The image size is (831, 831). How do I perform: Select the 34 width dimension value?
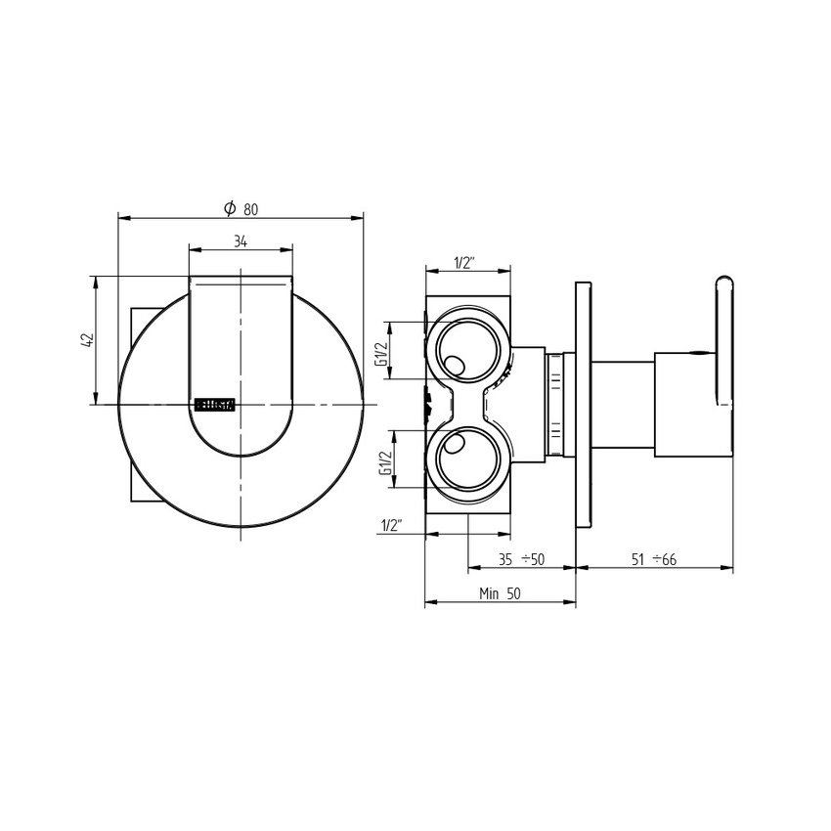tap(240, 241)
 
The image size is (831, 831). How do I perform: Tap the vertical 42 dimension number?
tap(87, 339)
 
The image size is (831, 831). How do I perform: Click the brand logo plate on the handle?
tap(213, 404)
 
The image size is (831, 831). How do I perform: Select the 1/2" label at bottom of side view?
tap(392, 526)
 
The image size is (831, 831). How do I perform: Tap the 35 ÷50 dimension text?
tap(520, 559)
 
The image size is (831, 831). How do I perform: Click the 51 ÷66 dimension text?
tap(654, 559)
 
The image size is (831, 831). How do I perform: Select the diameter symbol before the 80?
tap(229, 208)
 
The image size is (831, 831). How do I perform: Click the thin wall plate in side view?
tap(584, 405)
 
